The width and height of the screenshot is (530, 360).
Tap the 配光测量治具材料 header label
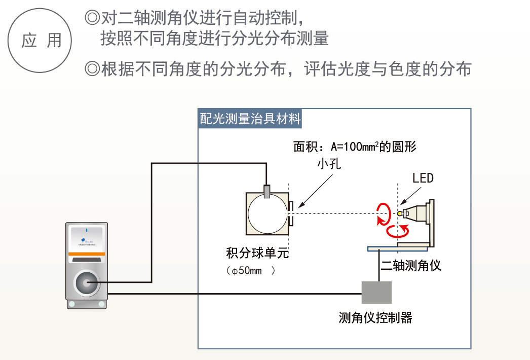(x=250, y=119)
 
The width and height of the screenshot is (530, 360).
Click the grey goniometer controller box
(x=376, y=293)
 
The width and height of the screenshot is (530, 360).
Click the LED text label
(x=423, y=178)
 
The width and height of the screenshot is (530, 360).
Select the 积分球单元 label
(x=258, y=253)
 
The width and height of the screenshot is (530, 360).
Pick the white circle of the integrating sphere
(x=267, y=213)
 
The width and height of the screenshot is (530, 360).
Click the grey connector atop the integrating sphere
(x=267, y=191)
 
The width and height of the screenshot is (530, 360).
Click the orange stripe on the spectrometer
(x=87, y=253)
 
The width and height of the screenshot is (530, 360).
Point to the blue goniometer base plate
(x=397, y=249)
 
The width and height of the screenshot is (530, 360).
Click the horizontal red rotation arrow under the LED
(x=399, y=232)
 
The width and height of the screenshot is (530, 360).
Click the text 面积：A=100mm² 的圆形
(x=355, y=147)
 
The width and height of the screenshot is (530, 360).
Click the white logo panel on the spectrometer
(x=87, y=238)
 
